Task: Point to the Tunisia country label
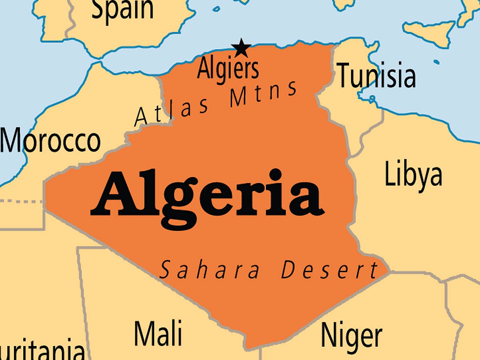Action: tap(376, 76)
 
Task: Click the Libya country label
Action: tap(413, 175)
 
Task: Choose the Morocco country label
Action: tap(50, 141)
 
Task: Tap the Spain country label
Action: tap(122, 10)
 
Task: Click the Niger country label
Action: tap(351, 335)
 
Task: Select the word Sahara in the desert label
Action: tap(209, 270)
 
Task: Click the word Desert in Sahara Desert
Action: tap(329, 270)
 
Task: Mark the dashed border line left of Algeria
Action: tap(22, 201)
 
